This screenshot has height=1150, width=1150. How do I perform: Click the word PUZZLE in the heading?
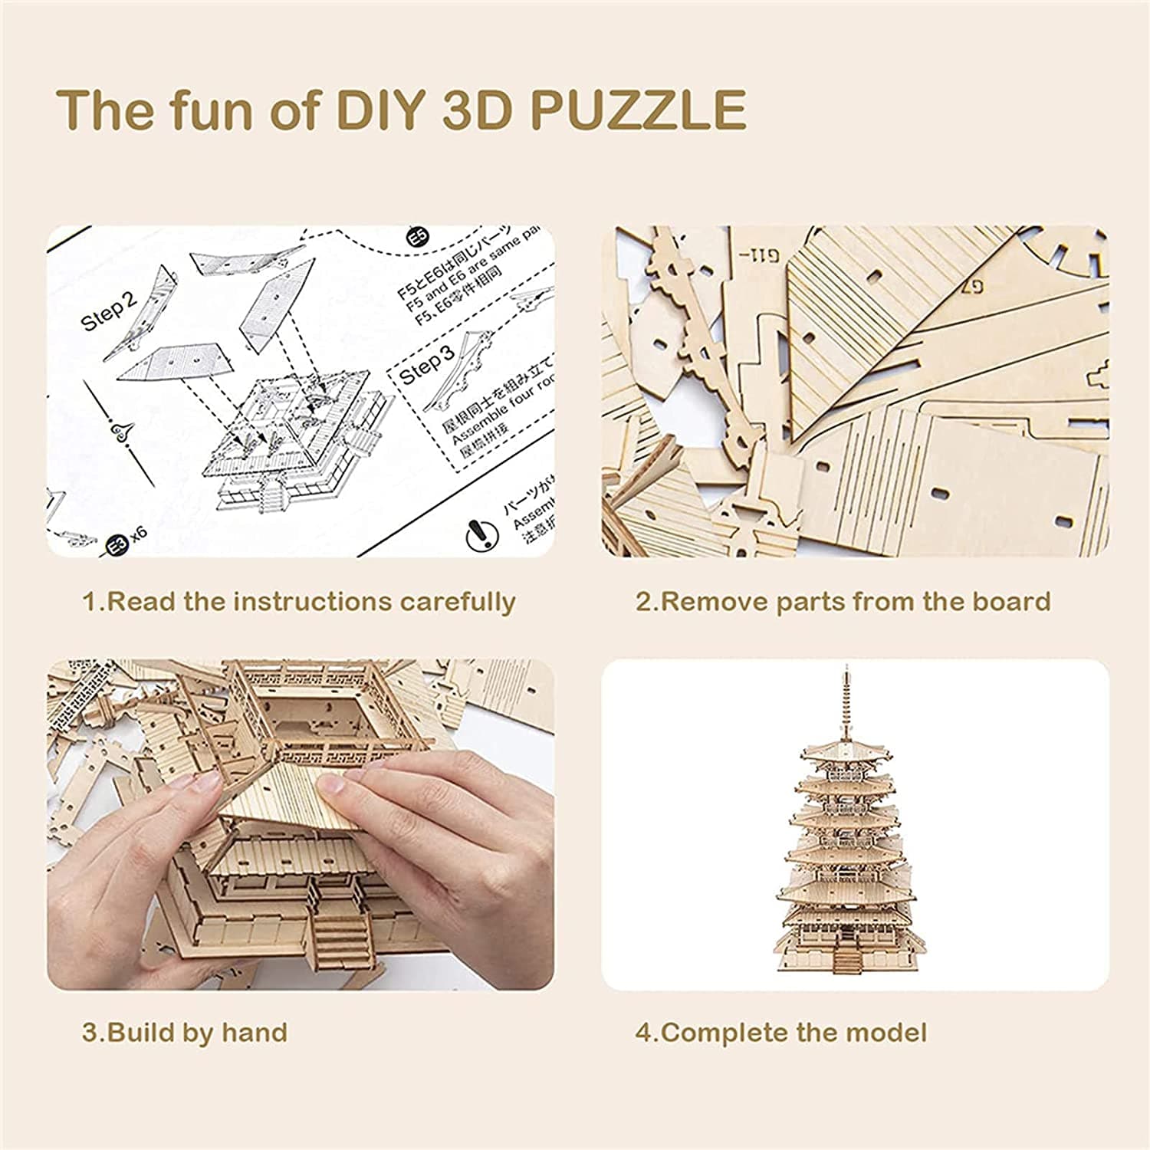tap(637, 110)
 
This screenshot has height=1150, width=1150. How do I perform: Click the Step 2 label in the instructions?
tap(109, 310)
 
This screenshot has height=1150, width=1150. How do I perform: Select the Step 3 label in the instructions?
tap(427, 366)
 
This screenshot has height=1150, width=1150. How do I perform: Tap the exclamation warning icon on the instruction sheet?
tap(478, 532)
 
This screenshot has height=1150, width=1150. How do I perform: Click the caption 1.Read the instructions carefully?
tap(299, 602)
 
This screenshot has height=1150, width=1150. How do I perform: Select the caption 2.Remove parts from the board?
tap(843, 602)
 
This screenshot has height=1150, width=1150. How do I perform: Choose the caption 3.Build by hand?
tap(185, 1032)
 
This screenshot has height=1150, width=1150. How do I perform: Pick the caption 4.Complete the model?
tap(780, 1032)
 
